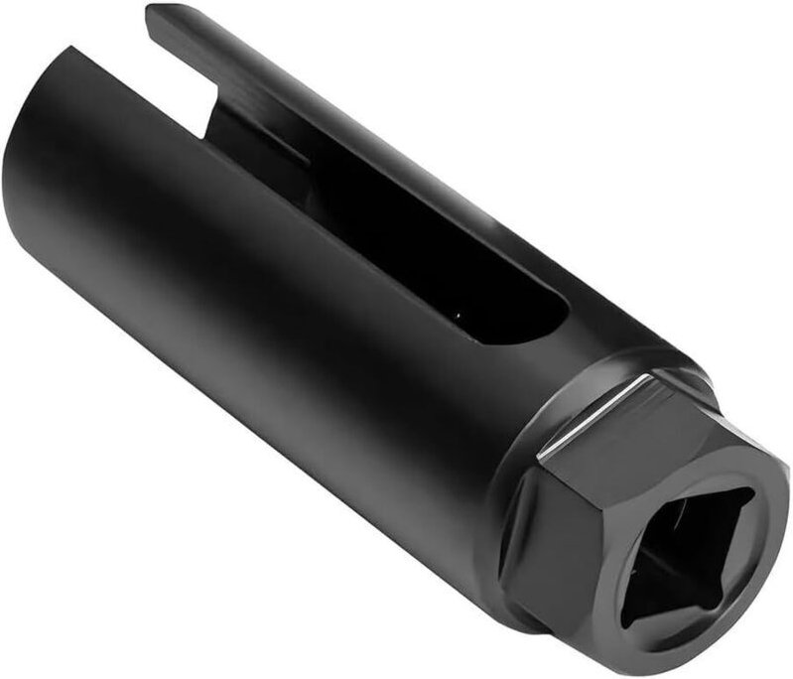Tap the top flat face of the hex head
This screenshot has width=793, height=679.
point(635,427)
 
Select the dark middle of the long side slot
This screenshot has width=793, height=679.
point(397,228)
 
